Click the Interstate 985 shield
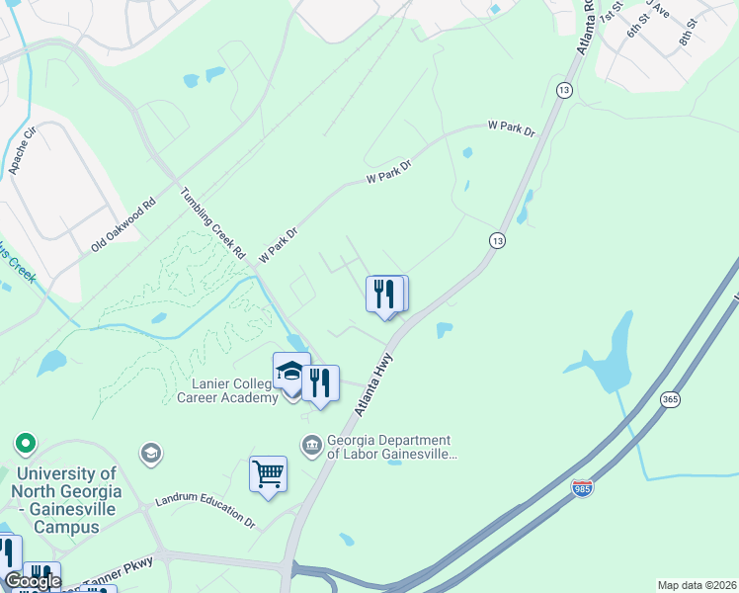click(x=582, y=487)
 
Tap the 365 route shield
click(x=670, y=399)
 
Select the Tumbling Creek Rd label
click(x=212, y=223)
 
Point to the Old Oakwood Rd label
click(x=123, y=224)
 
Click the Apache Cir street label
click(x=22, y=151)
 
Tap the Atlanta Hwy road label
click(x=372, y=384)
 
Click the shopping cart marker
click(x=268, y=474)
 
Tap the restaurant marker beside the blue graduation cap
click(x=320, y=382)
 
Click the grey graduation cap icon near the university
click(x=150, y=453)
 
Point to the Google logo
click(x=33, y=581)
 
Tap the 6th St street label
click(x=633, y=27)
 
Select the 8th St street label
click(x=688, y=34)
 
